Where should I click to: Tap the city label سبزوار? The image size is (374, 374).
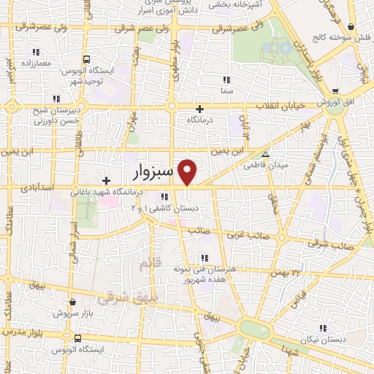(153, 172)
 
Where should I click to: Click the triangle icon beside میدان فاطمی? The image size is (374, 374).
(265, 154)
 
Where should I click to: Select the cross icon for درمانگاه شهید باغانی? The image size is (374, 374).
(107, 180)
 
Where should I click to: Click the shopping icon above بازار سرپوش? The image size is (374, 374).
(72, 301)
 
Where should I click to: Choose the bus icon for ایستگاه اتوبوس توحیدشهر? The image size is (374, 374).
(86, 59)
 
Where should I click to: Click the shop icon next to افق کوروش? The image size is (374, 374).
(335, 91)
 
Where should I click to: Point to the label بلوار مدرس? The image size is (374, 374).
(18, 332)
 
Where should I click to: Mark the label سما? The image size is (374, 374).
(227, 91)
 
